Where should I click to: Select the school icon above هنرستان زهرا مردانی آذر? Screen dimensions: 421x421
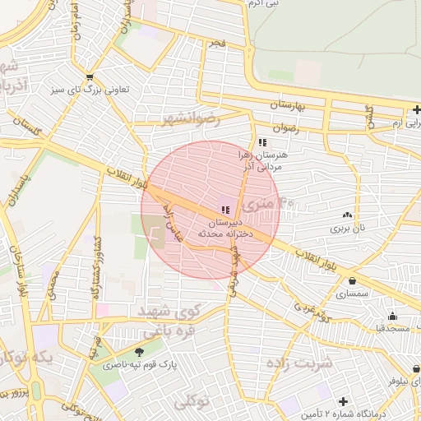262,142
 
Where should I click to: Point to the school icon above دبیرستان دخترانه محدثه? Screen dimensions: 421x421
225,210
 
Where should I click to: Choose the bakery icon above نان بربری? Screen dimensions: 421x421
347,215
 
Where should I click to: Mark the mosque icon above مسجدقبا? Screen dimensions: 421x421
392,317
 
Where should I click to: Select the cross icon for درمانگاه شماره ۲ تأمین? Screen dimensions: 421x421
343,402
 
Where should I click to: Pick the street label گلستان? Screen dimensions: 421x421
27,127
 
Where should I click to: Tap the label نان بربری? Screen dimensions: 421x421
347,226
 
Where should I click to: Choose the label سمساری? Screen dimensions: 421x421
353,292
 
